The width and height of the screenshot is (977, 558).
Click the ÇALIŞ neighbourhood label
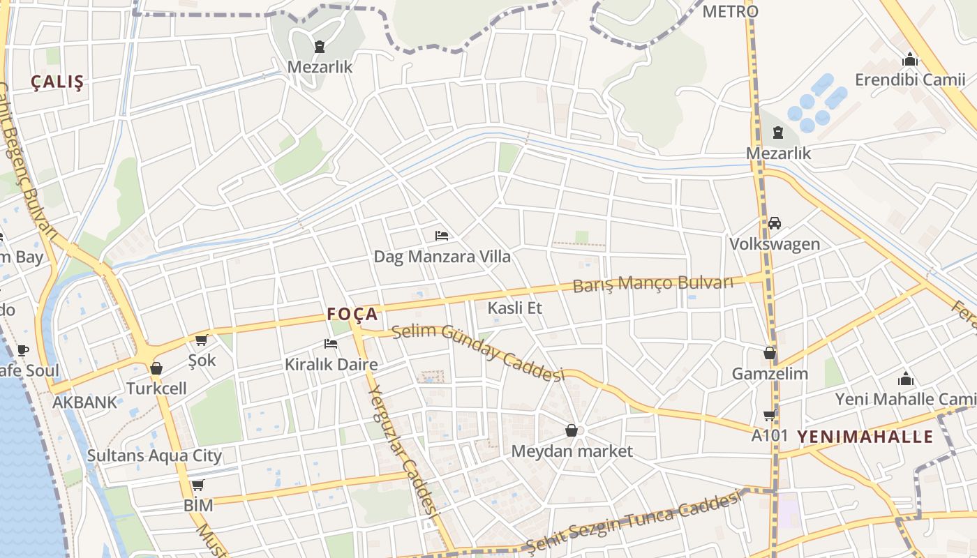57,82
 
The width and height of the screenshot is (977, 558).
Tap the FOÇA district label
352,314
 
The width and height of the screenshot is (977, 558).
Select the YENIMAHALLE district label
865,437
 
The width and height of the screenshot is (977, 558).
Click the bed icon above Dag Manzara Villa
442,236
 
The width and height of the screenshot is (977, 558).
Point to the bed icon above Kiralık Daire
331,343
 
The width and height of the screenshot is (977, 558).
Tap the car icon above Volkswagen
775,223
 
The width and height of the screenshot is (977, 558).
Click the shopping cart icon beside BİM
198,485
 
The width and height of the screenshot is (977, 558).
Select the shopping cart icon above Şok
202,340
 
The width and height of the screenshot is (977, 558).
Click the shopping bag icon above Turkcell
156,368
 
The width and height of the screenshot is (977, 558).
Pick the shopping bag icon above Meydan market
572,430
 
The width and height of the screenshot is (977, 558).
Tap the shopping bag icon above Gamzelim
770,353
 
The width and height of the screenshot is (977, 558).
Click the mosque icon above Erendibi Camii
910,59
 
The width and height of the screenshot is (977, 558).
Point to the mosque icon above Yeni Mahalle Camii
906,379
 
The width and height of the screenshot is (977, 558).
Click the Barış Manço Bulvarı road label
653,283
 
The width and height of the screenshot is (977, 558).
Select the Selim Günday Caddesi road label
477,352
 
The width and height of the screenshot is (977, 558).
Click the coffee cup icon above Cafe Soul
23,350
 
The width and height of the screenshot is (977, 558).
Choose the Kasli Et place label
515,308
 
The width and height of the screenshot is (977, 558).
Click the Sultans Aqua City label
154,455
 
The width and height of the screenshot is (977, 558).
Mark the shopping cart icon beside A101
770,416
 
